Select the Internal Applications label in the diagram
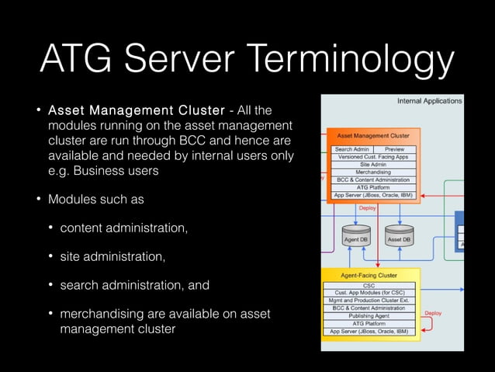pyautogui.click(x=429, y=101)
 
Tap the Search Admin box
pyautogui.click(x=351, y=149)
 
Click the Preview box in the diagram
pyautogui.click(x=394, y=149)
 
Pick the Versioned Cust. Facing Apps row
pyautogui.click(x=373, y=157)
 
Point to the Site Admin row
pyautogui.click(x=373, y=165)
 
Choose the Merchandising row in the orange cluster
pyautogui.click(x=373, y=172)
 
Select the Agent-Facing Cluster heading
pyautogui.click(x=369, y=275)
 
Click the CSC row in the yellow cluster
pyautogui.click(x=369, y=286)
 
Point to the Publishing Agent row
pyautogui.click(x=369, y=316)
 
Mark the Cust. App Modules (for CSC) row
pyautogui.click(x=369, y=294)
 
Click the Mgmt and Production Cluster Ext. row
pyautogui.click(x=369, y=301)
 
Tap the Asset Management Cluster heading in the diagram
pyautogui.click(x=373, y=135)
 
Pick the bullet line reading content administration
pyautogui.click(x=123, y=228)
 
